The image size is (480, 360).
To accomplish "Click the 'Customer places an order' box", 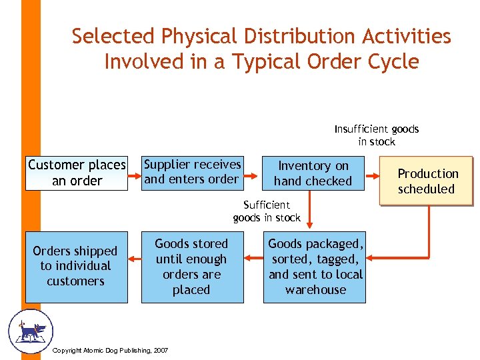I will pos(77,173).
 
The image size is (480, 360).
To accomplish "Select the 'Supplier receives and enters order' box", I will pos(193,171).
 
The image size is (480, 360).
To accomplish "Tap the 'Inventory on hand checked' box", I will pos(313,173).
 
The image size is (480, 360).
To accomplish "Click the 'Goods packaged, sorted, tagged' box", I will pos(315,267).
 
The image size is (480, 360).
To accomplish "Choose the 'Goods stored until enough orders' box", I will pos(191,267).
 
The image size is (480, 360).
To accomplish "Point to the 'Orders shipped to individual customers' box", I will pos(76,266).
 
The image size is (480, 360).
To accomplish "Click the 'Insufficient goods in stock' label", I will pos(377,135).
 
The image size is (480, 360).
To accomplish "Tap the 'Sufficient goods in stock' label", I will pos(267,211).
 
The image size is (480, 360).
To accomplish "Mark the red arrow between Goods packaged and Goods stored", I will pos(252,257).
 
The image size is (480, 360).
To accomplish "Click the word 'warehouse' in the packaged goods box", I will pos(315,290).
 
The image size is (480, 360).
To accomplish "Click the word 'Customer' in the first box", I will pos(57,165).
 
